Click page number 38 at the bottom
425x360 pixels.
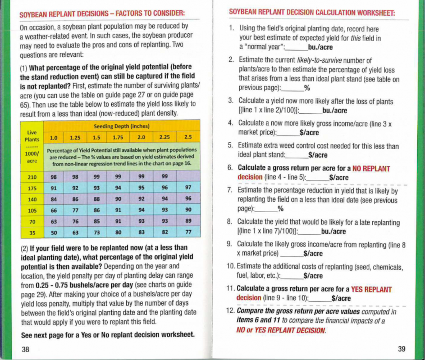(x=25, y=349)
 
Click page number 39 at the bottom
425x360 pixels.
(x=401, y=349)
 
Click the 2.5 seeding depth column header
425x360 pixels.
(x=188, y=137)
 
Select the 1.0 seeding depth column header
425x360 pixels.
(x=53, y=138)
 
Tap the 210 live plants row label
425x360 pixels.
(x=32, y=177)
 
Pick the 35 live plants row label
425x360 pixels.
(x=32, y=233)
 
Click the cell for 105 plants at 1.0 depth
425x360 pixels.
(x=54, y=210)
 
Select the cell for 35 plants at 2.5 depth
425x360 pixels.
(x=188, y=232)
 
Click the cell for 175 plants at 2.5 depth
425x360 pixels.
(x=188, y=187)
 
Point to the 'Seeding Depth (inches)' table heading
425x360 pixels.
(x=122, y=126)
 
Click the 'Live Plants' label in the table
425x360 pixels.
(x=32, y=136)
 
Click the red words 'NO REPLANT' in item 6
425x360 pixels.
(x=371, y=169)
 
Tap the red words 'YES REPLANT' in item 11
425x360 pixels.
(x=371, y=289)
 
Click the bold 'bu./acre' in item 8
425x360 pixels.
(x=333, y=232)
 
